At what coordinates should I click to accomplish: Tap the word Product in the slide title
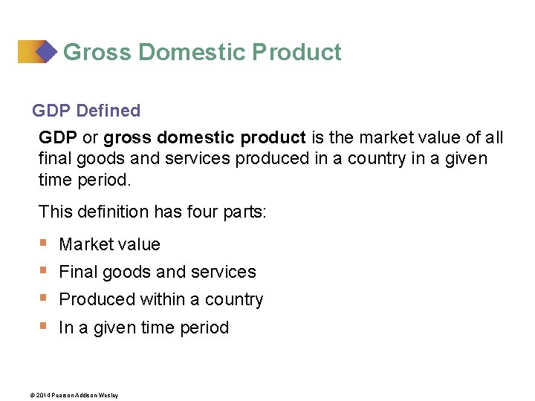297,53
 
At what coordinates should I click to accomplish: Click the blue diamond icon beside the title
46,51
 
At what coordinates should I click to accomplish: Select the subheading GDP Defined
86,111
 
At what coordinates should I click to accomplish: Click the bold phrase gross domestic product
204,138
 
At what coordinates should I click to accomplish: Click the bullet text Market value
109,244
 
